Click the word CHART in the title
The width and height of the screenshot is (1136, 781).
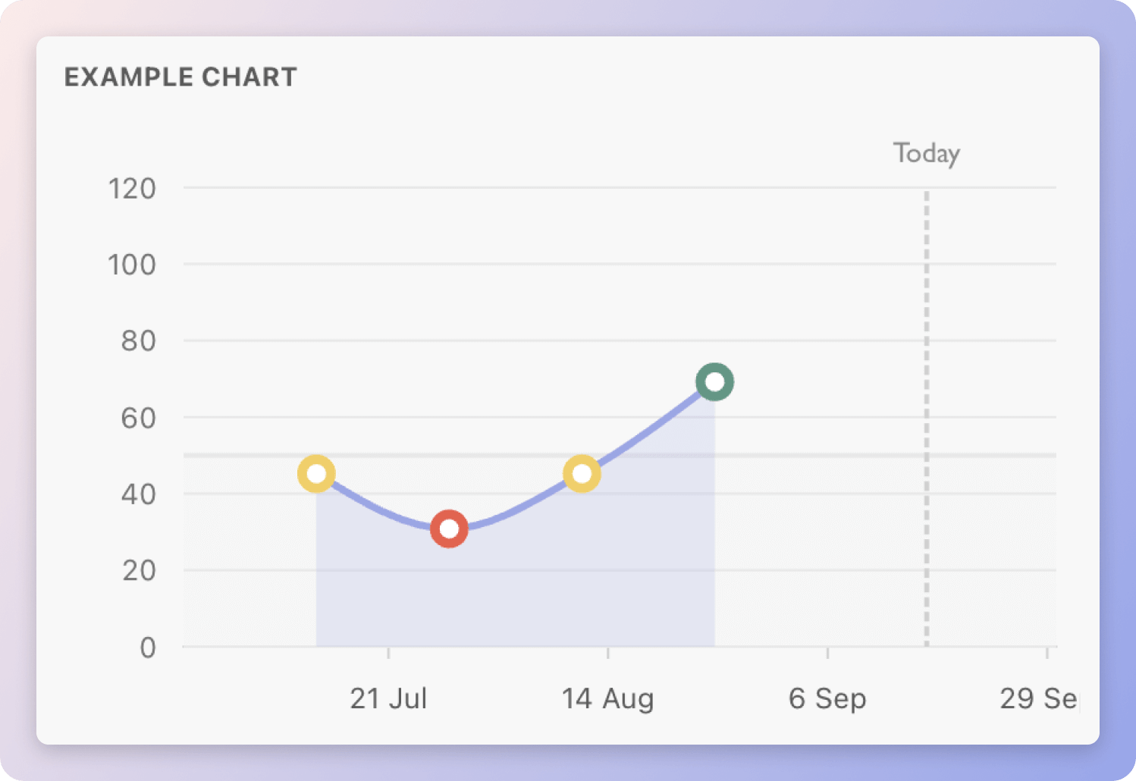249,77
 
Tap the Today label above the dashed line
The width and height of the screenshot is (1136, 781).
926,154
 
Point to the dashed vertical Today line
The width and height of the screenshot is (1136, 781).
927,417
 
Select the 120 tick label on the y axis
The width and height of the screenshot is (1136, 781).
132,189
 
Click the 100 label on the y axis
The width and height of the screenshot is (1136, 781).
132,265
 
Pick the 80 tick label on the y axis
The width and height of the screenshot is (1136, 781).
139,341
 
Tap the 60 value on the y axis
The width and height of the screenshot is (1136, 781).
139,418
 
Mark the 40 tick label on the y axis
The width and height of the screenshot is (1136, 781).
139,494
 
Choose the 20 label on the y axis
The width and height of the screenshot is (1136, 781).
139,570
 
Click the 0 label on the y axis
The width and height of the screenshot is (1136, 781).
148,648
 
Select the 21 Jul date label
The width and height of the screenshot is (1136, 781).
388,698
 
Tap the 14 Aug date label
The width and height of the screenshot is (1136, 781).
607,698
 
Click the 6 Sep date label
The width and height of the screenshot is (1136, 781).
827,698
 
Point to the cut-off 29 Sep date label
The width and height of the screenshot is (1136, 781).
1038,698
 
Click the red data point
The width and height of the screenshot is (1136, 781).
449,529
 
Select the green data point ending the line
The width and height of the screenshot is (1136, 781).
714,381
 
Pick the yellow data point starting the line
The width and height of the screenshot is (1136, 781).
316,474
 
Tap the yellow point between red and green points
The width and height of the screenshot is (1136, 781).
582,474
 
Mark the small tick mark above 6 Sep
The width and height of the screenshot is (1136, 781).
827,652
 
